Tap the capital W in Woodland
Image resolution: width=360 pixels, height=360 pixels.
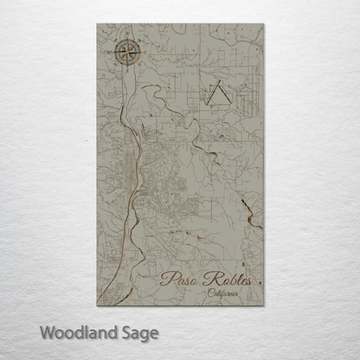(47, 332)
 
